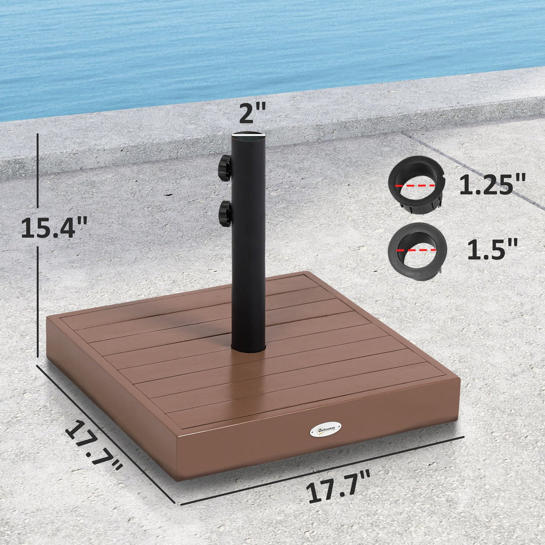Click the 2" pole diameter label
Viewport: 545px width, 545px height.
[x=252, y=114]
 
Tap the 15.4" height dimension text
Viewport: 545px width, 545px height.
[x=54, y=228]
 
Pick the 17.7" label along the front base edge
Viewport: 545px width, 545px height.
[x=339, y=486]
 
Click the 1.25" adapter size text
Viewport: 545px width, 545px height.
[x=492, y=185]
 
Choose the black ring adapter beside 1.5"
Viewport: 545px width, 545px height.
[x=417, y=251]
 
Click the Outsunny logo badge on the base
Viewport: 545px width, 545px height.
[x=325, y=429]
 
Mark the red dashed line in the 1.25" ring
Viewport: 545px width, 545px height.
[x=415, y=186]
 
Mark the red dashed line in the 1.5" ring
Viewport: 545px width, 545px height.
[x=417, y=249]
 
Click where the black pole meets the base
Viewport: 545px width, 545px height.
[x=248, y=349]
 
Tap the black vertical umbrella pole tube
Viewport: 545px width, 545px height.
[x=248, y=240]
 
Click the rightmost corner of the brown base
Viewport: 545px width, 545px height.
[x=459, y=381]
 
